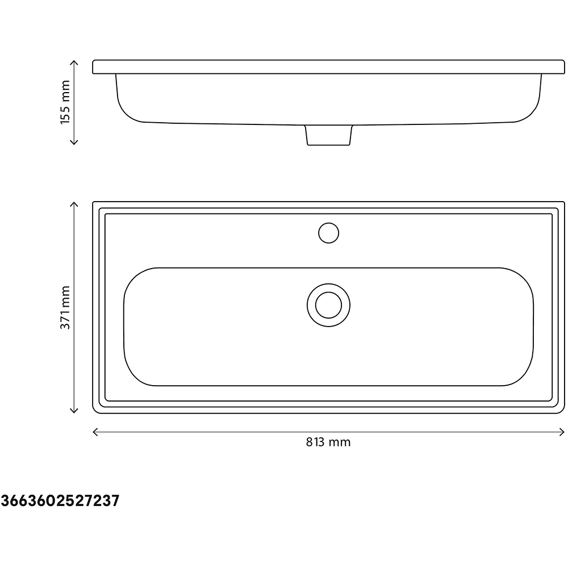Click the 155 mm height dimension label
[65, 102]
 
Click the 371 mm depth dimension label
[65, 307]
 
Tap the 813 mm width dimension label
[328, 442]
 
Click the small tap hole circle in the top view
[328, 233]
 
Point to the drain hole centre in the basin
[328, 305]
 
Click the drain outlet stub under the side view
[329, 136]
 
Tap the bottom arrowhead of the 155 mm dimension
[73, 143]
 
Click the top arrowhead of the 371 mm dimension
[73, 202]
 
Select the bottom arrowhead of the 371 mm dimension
[73, 412]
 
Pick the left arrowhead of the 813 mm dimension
[94, 432]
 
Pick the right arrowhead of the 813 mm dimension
[563, 432]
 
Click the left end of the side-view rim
[94, 66]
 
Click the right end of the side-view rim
[563, 66]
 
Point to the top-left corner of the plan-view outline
[94, 202]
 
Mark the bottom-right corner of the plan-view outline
[563, 412]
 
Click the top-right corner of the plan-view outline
[563, 202]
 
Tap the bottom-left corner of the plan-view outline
[94, 412]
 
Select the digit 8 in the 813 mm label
[309, 442]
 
